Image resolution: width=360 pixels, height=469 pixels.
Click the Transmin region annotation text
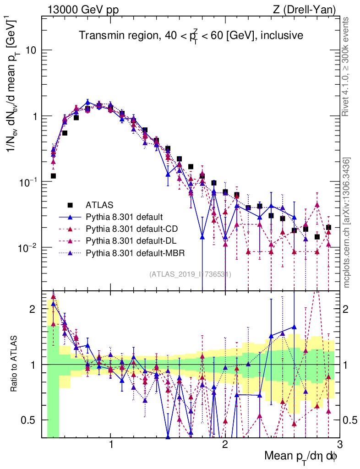click(191, 35)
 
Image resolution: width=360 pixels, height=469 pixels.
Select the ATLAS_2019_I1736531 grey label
click(190, 274)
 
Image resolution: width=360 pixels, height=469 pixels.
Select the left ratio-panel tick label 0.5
click(31, 420)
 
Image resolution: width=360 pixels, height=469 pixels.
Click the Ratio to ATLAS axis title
click(14, 364)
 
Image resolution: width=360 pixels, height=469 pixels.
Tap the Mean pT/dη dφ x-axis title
click(301, 457)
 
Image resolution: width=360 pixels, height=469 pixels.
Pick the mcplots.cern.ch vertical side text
click(347, 223)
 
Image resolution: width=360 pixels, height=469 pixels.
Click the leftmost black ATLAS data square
click(54, 176)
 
